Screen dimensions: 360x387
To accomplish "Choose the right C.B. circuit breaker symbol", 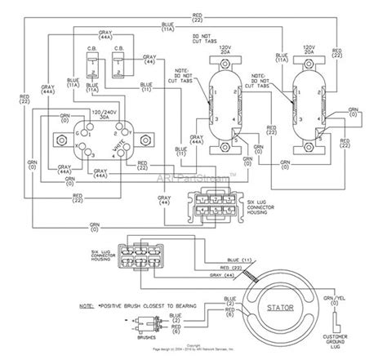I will click(x=124, y=64).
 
